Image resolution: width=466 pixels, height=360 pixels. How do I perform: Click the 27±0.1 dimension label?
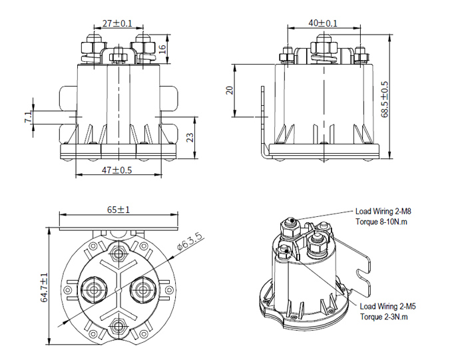coord(118,23)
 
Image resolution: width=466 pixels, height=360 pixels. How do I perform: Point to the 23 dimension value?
coord(190,138)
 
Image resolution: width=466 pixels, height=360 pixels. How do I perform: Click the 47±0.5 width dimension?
coord(116,170)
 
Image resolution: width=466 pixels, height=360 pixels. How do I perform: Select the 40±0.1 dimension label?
coord(323,23)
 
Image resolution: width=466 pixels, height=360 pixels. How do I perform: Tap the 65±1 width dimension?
coord(118,210)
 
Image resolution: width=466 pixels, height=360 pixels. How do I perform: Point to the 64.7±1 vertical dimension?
coord(44,287)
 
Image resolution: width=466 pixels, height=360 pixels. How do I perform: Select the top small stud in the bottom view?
coord(118,254)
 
